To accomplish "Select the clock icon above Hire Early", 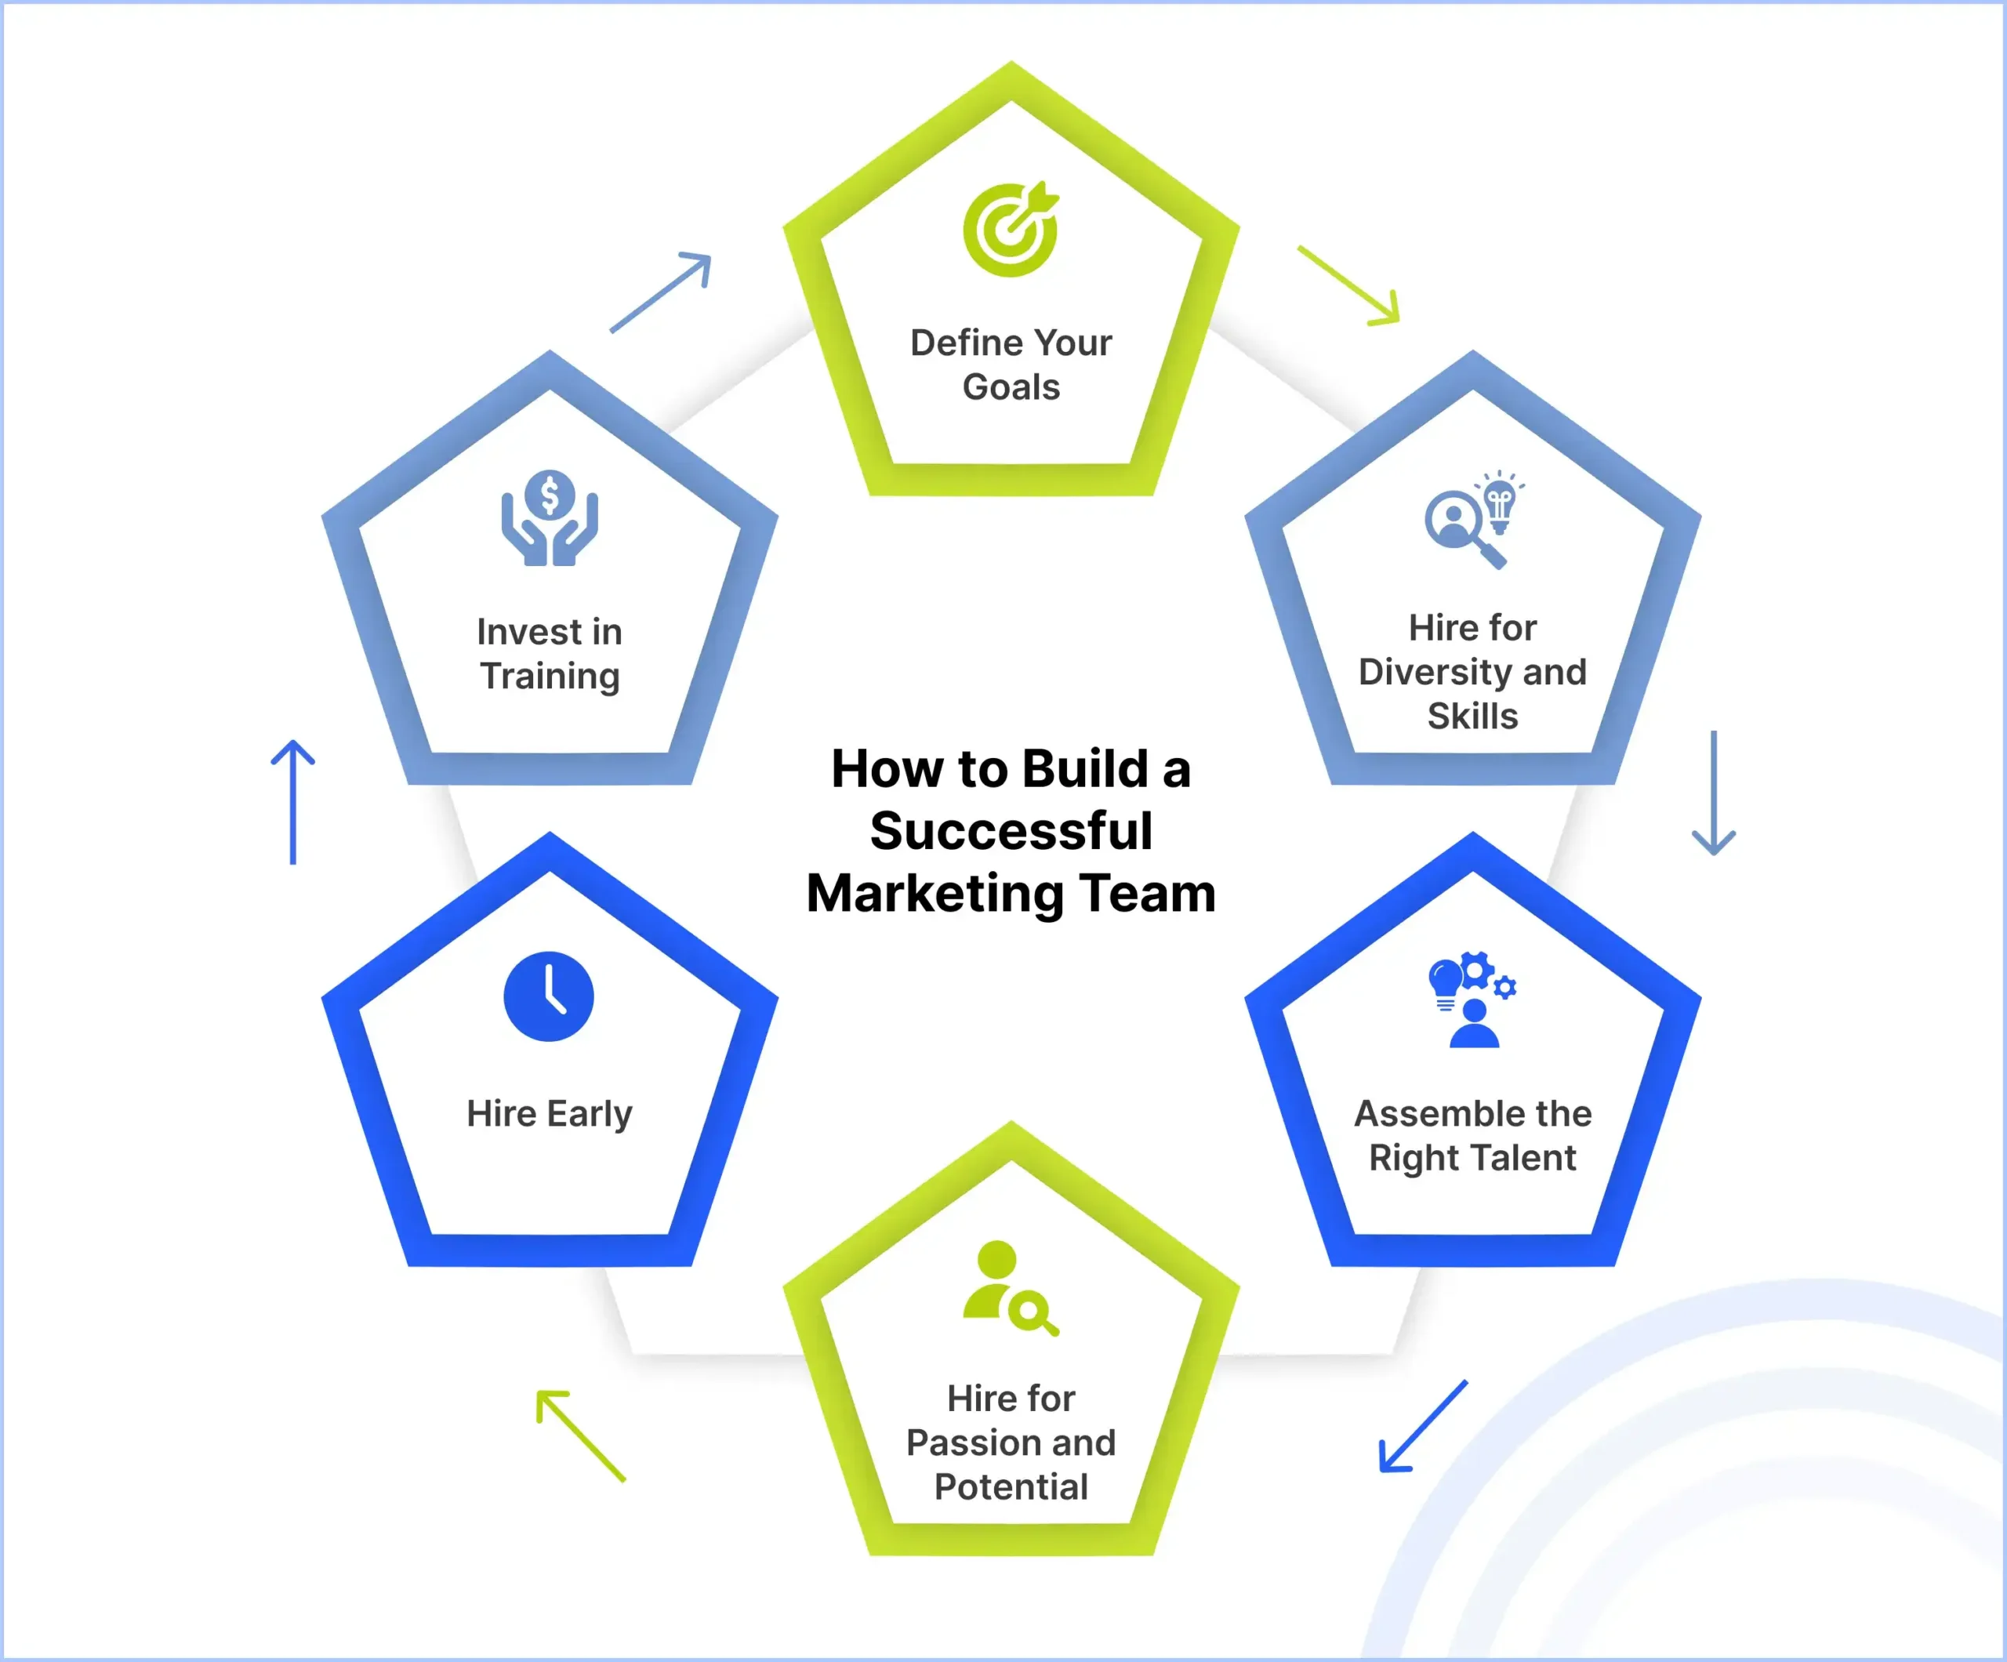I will pos(549,996).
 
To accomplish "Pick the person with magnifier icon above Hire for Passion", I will pos(1009,1287).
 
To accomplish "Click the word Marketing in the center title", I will pos(934,894).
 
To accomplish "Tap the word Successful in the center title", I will pos(1011,830).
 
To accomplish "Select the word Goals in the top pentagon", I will pos(1011,387).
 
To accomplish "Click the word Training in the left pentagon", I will pos(550,676).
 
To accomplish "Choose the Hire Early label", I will pos(550,1113).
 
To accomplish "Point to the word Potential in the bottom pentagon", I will pos(1011,1486).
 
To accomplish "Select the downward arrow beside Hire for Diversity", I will pos(1714,793).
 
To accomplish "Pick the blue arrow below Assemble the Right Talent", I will pos(1422,1426).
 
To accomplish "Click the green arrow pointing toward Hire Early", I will pos(581,1435).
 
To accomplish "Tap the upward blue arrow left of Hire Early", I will pos(292,802).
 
